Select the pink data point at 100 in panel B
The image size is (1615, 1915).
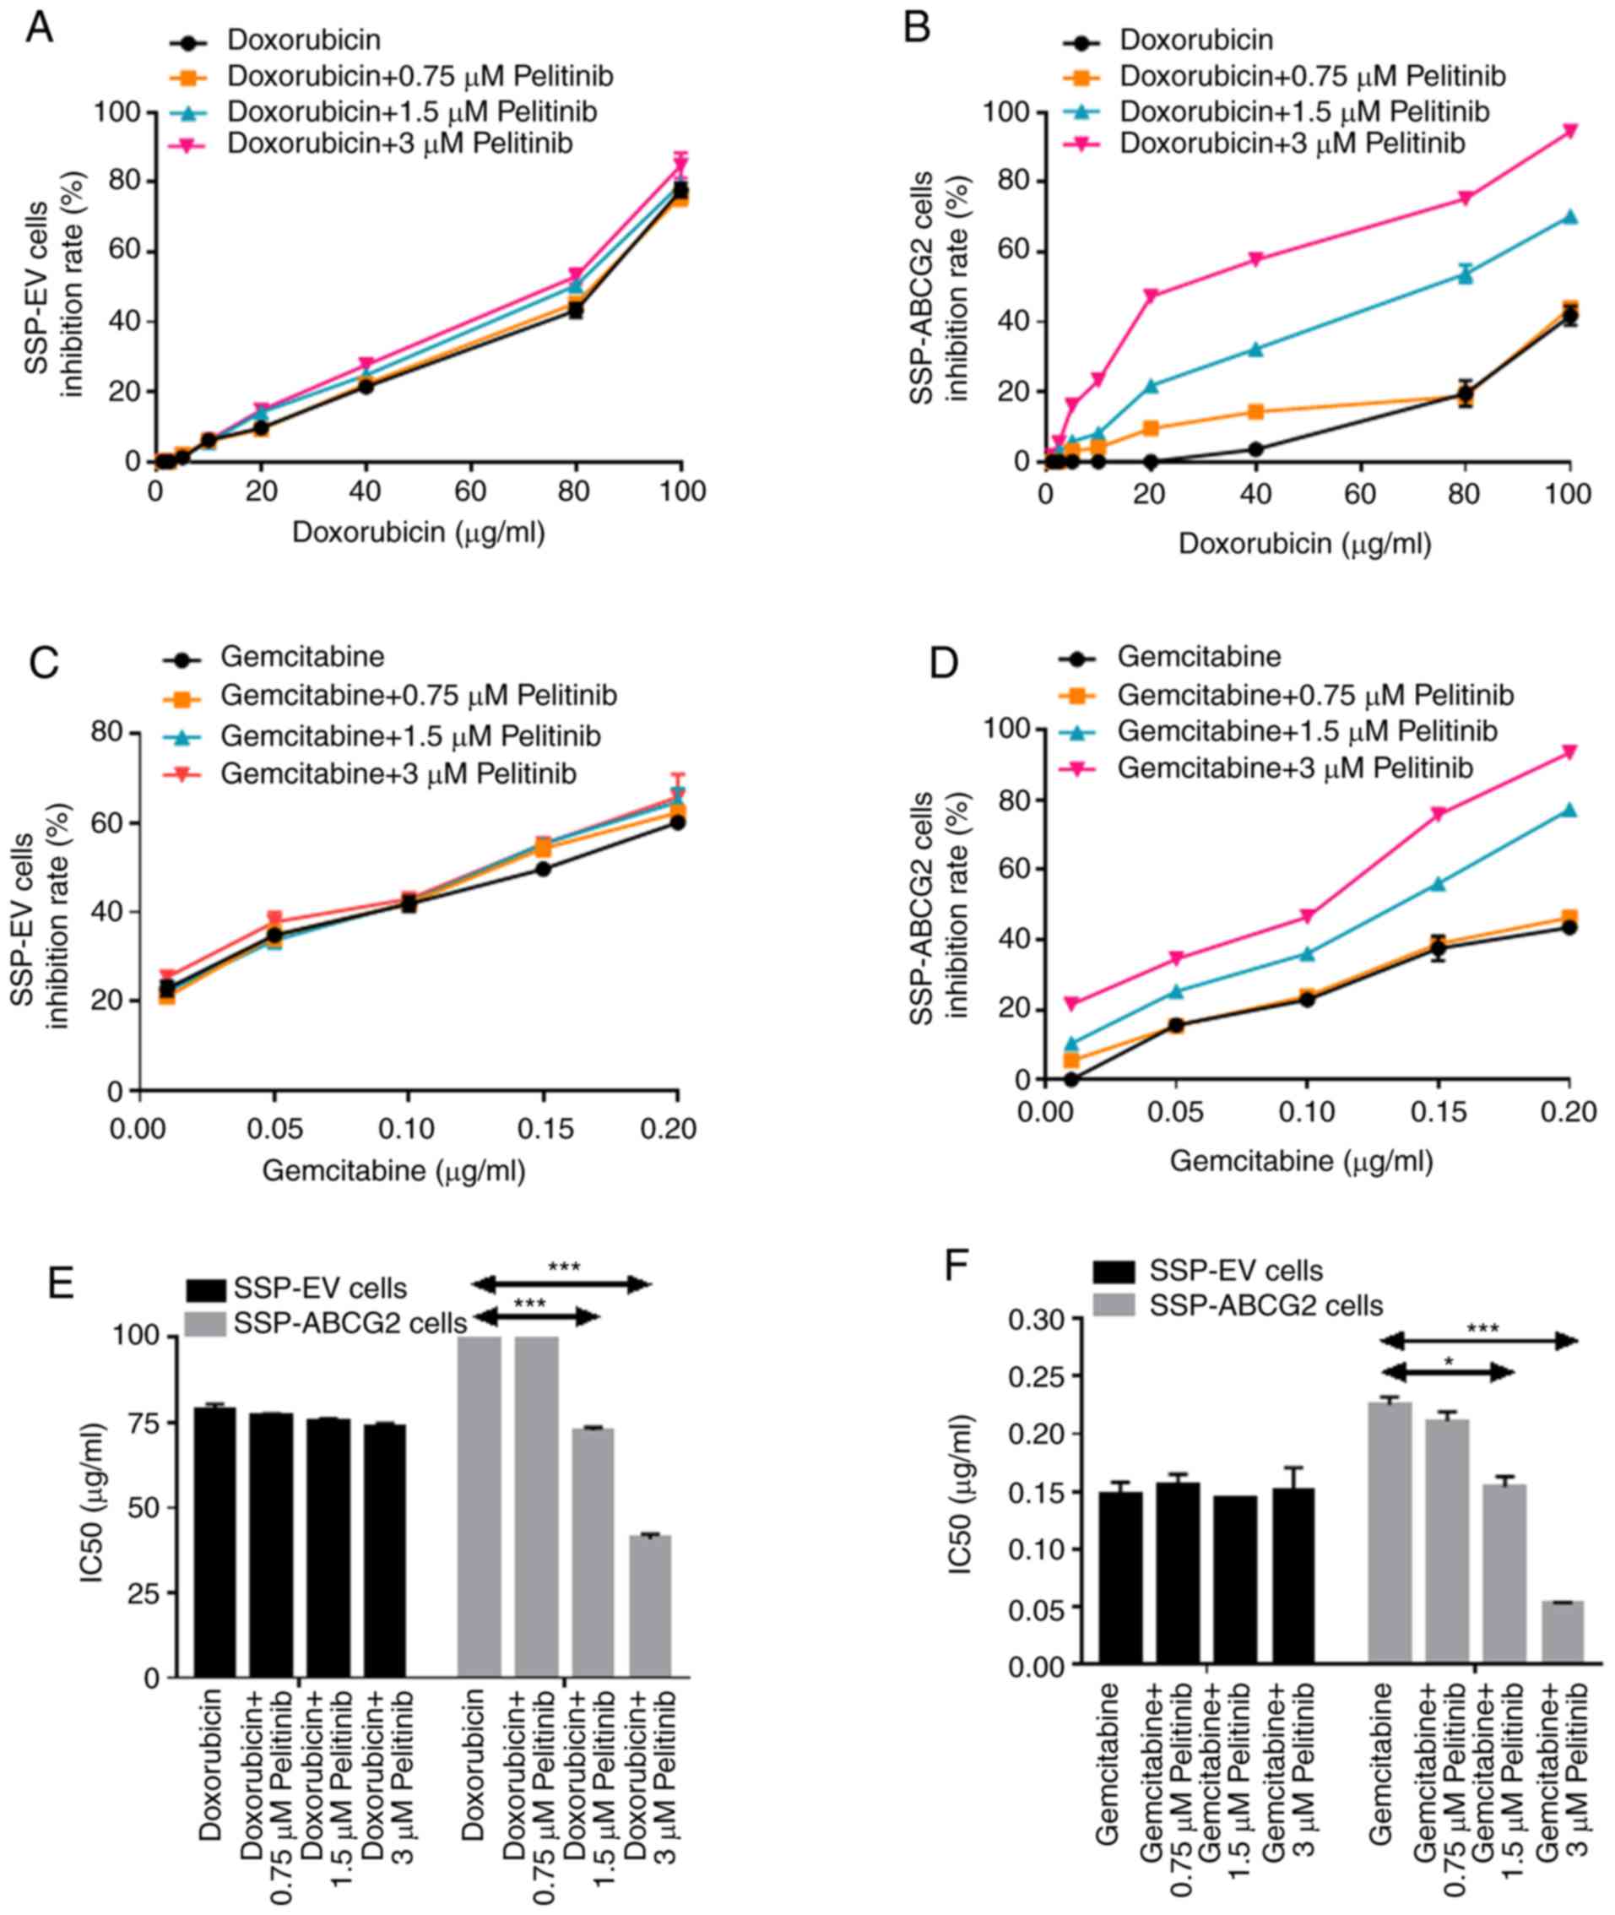click(x=1570, y=130)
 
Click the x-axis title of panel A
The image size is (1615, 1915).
click(x=419, y=531)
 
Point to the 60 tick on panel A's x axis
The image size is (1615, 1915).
click(x=470, y=491)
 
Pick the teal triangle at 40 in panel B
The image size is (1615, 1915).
click(x=1255, y=349)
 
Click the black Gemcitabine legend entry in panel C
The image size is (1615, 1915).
click(x=302, y=657)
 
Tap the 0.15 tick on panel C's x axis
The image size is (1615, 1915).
click(x=544, y=1128)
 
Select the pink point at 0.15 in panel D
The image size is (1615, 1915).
click(x=1439, y=813)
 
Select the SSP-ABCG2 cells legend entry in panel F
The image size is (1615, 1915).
click(x=1265, y=1305)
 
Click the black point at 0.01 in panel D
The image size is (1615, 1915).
click(x=1070, y=1080)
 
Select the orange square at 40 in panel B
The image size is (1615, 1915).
click(x=1255, y=411)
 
